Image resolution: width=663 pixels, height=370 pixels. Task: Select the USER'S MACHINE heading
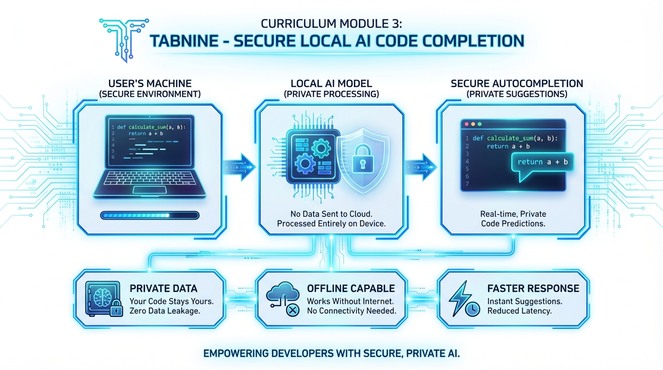[x=150, y=83]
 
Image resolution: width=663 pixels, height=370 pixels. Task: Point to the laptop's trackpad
[x=150, y=190]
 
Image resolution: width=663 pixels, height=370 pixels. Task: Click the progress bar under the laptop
[x=149, y=215]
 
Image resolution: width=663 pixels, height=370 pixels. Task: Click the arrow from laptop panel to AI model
[x=239, y=167]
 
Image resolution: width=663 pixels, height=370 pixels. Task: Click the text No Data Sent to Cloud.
[x=331, y=213]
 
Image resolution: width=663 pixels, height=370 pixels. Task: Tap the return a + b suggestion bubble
[x=543, y=162]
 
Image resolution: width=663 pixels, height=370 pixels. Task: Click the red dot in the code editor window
[x=466, y=124]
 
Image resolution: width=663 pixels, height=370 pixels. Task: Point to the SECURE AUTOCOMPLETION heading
[x=517, y=83]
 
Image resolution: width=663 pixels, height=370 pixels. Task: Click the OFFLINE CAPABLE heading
[x=351, y=289]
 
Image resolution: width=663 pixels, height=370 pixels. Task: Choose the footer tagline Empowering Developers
[x=331, y=354]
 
